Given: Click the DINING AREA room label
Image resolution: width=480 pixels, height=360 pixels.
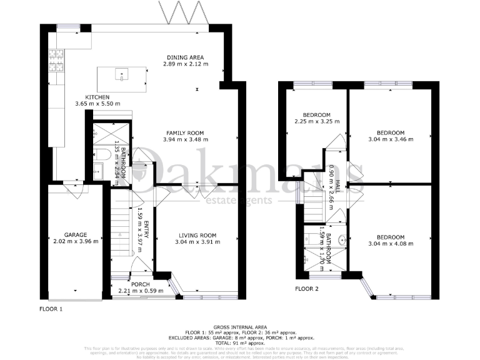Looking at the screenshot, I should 186,57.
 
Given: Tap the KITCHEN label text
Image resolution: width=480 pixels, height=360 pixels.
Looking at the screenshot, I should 97,97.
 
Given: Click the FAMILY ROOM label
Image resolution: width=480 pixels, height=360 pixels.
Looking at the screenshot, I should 186,132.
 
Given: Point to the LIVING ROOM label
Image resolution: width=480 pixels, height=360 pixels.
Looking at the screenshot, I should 196,235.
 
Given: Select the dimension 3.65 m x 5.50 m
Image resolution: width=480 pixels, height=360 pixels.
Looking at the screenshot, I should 97,104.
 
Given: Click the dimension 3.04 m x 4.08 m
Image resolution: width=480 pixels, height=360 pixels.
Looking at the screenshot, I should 391,244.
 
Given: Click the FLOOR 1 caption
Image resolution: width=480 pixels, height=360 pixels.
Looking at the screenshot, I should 51,309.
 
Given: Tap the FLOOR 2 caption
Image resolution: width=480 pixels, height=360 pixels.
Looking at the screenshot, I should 307,289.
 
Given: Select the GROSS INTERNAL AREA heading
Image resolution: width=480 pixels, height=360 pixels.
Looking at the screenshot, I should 240,327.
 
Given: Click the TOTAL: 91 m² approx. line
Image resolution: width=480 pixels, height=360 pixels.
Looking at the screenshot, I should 240,344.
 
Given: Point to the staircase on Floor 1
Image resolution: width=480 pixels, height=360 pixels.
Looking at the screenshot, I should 123,232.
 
